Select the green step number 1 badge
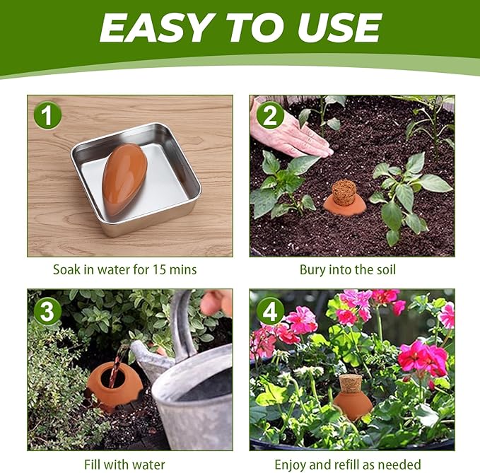[x=47, y=115]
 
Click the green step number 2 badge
[x=269, y=115]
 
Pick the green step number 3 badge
[x=47, y=310]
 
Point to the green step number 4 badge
[x=269, y=310]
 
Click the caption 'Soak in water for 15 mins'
[x=124, y=269]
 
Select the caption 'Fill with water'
[x=124, y=465]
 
